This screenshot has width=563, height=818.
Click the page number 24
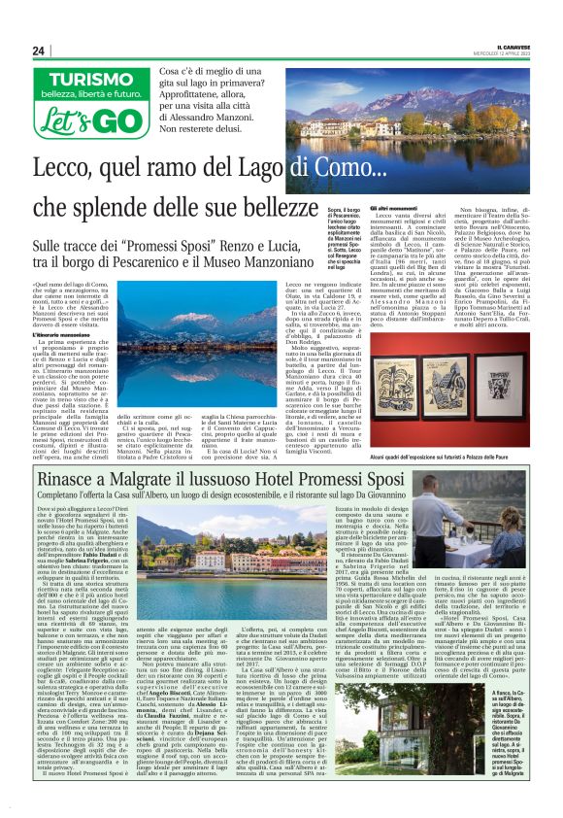click(39, 51)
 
